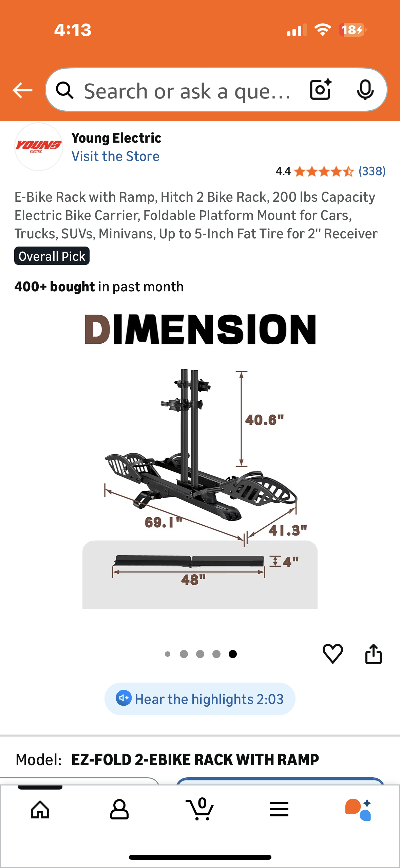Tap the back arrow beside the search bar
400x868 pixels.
point(22,90)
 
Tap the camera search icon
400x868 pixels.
point(321,90)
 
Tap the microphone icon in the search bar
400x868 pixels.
point(365,90)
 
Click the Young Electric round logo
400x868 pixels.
point(39,147)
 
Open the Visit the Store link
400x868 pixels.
point(115,156)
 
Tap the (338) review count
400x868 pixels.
point(372,171)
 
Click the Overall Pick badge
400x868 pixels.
point(52,256)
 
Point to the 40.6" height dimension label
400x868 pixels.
point(264,420)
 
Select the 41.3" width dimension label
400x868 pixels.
point(288,530)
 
